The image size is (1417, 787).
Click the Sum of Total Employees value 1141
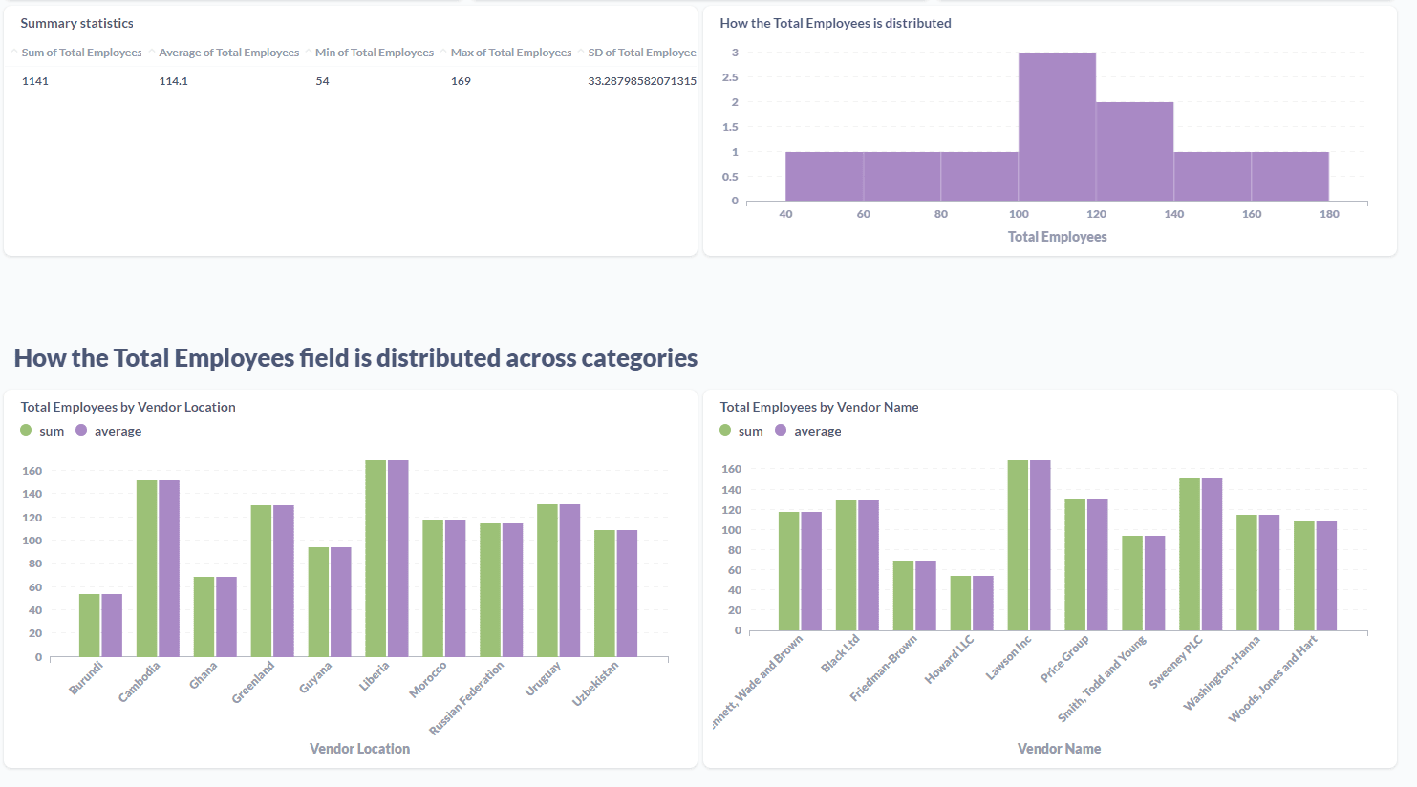35,81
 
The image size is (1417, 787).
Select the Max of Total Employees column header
510,53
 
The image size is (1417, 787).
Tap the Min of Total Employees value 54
322,81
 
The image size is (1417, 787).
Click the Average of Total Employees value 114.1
173,81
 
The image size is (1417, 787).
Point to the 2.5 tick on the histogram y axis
729,77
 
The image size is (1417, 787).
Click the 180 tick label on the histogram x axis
1329,214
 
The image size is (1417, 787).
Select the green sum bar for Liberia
376,558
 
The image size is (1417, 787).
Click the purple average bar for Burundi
112,625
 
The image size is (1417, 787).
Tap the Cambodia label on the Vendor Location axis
140,682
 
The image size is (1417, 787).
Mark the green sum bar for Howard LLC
960,603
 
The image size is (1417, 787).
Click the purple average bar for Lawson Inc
1040,545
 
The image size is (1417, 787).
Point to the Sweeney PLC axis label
1175,662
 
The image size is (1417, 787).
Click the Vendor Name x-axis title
1059,749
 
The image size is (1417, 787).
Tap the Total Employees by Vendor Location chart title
128,407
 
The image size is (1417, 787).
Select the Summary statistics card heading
77,23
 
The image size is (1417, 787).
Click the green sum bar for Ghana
204,616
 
